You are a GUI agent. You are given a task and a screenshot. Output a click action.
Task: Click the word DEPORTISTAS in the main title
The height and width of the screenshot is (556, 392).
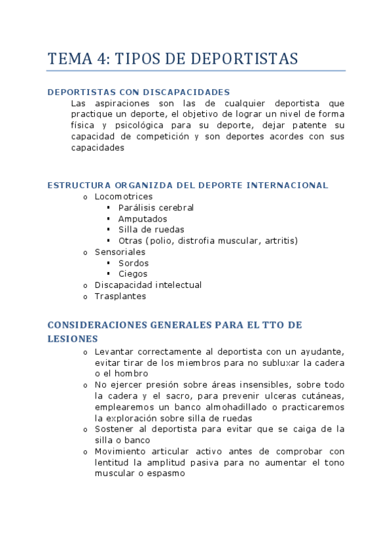(245, 59)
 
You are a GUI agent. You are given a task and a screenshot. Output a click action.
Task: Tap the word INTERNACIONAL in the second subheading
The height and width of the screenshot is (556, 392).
(287, 185)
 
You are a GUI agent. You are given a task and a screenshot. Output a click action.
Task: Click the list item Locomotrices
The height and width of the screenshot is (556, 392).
(124, 196)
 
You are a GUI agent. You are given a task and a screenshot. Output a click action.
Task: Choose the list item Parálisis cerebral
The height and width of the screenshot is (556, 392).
(156, 207)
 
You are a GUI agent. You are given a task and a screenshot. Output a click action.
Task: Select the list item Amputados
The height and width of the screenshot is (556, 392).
(143, 218)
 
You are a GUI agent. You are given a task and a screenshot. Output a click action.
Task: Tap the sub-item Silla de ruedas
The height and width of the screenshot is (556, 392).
(151, 229)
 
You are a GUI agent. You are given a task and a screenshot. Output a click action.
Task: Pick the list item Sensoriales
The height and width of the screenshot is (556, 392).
(120, 252)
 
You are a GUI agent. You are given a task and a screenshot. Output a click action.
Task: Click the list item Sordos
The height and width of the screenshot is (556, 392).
(134, 263)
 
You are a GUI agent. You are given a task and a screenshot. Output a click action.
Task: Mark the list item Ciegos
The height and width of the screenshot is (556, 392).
(133, 274)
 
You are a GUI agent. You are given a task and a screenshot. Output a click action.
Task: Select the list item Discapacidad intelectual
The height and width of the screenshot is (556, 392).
(148, 285)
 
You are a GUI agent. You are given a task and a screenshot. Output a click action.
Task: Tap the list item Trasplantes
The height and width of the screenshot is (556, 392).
(121, 296)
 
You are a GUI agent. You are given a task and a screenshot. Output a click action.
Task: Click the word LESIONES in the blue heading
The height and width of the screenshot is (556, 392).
(73, 339)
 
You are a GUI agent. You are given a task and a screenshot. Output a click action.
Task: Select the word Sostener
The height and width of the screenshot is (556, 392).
(115, 429)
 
